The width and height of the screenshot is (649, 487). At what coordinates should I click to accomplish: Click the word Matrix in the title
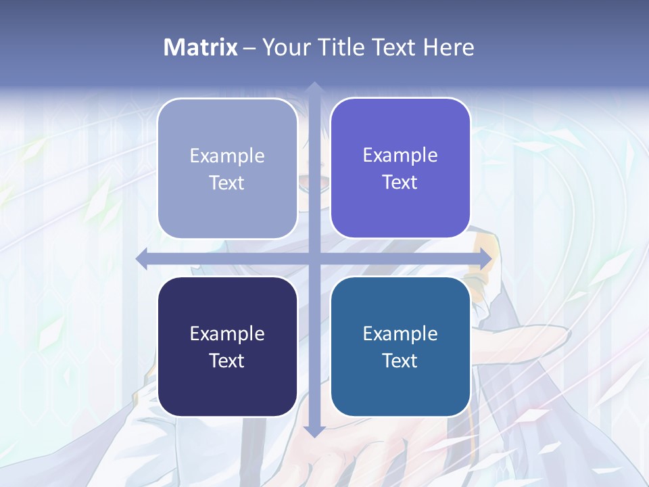click(x=200, y=47)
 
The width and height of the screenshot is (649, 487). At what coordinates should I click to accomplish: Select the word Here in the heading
click(x=448, y=47)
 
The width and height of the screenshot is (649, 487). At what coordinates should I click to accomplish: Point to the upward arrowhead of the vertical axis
click(x=314, y=88)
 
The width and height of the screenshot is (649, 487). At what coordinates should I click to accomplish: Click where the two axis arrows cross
click(x=314, y=259)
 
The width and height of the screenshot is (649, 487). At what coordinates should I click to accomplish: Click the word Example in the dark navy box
click(x=227, y=333)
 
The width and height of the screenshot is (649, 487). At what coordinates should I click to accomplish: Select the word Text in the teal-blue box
click(x=400, y=361)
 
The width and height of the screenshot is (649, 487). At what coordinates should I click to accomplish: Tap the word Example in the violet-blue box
click(x=400, y=155)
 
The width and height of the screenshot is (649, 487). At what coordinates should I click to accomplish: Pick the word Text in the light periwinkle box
click(x=227, y=183)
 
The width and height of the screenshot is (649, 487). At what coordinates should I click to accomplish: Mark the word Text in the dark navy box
click(x=227, y=361)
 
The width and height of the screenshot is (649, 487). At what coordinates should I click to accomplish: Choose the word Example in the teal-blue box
click(x=400, y=333)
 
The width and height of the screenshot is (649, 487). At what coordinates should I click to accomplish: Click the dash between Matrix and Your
click(x=249, y=48)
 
